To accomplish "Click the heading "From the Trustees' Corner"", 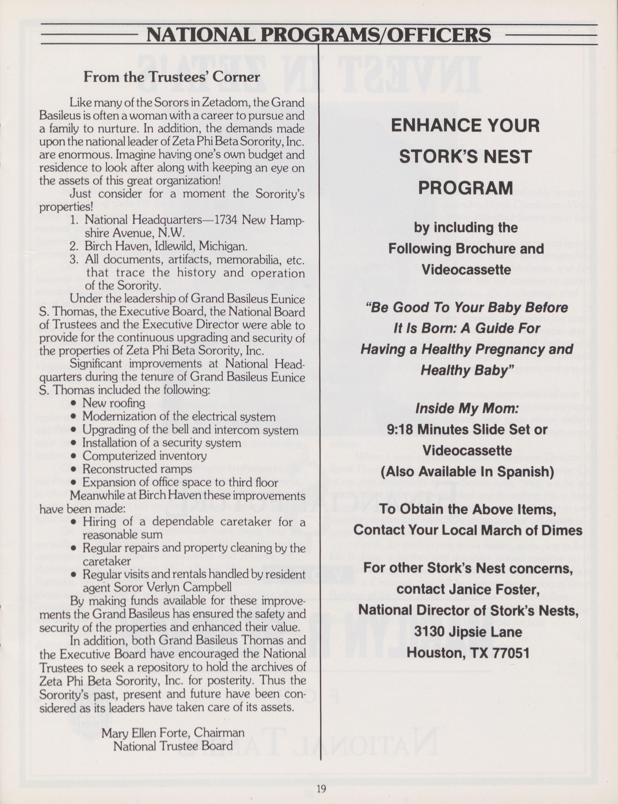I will (171, 77).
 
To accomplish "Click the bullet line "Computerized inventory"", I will (144, 456).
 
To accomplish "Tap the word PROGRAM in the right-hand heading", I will (465, 188).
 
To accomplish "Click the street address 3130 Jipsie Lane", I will (468, 632).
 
